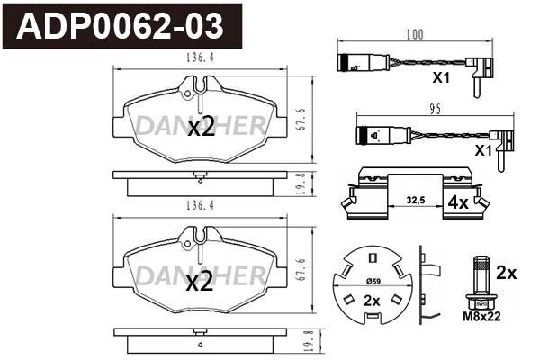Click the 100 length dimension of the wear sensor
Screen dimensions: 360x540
coord(414,35)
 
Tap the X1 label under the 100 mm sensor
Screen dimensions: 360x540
coord(440,78)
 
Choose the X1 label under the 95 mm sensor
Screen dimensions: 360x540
coord(483,149)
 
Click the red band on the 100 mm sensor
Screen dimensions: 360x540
coord(343,64)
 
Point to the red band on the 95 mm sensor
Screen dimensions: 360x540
coord(364,137)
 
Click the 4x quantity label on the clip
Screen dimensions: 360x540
coord(457,203)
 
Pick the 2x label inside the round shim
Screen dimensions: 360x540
coord(371,302)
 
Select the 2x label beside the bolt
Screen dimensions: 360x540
coord(507,271)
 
